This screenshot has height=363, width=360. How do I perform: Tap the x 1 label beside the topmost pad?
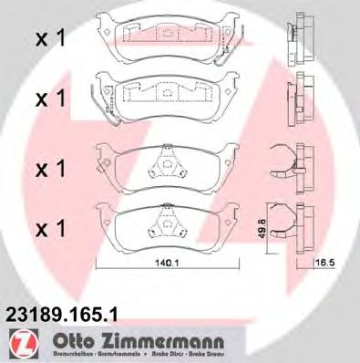[x=49, y=39]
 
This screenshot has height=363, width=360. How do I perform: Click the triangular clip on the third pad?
[x=165, y=162]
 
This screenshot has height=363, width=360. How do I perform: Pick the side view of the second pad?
[x=297, y=98]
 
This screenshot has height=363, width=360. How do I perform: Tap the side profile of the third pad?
[x=297, y=165]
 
